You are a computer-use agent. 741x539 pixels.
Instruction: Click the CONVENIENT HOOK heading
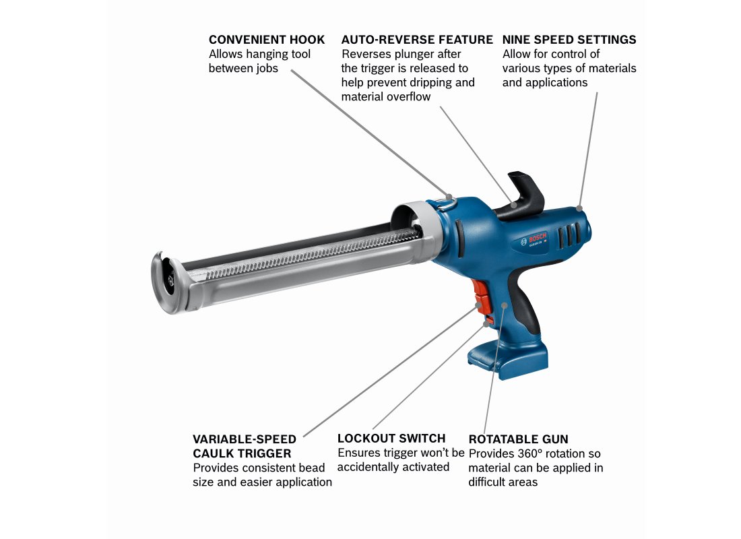point(267,40)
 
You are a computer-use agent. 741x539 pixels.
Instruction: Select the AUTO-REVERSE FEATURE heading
point(417,40)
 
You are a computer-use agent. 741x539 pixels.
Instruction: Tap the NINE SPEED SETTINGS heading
point(569,40)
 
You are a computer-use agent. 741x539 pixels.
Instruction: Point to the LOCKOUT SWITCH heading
point(391,439)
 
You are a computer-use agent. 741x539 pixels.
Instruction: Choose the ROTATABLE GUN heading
point(519,439)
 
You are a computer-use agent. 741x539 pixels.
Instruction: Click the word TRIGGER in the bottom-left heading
point(266,453)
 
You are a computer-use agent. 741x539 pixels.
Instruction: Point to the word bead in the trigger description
point(314,468)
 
